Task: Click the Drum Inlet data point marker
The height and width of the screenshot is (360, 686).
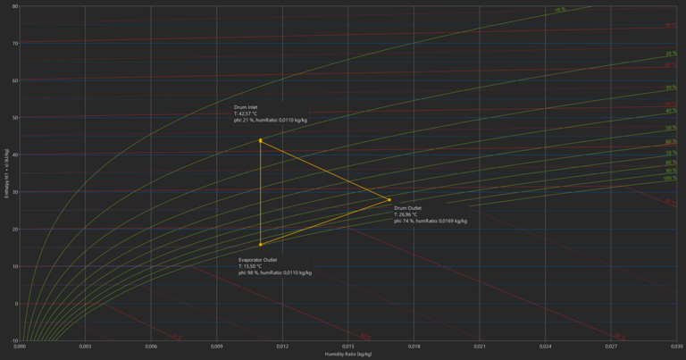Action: (x=261, y=140)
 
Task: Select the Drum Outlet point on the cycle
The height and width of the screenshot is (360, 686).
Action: (x=389, y=200)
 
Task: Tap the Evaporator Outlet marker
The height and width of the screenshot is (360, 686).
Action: (x=261, y=244)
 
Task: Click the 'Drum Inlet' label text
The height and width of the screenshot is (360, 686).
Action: (x=246, y=107)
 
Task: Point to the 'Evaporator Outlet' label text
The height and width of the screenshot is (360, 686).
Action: (x=258, y=259)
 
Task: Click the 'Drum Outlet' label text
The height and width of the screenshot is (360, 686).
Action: (x=407, y=207)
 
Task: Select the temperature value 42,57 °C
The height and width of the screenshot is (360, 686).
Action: (x=246, y=113)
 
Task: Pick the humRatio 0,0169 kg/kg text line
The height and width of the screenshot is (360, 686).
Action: (x=431, y=221)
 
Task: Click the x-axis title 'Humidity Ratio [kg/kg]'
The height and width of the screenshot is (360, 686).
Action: (x=348, y=355)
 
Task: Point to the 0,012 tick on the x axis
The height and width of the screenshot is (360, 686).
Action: (x=282, y=346)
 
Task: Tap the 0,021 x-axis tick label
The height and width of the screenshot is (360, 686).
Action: (x=480, y=346)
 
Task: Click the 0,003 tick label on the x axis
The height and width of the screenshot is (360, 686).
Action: (x=85, y=346)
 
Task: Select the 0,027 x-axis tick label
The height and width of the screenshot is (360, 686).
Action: (x=611, y=346)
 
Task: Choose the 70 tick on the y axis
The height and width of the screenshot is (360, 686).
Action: (x=15, y=43)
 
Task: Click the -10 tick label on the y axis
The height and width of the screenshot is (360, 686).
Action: (x=13, y=340)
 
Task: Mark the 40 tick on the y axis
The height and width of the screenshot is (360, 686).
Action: (x=15, y=155)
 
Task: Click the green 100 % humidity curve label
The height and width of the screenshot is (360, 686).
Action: (x=670, y=179)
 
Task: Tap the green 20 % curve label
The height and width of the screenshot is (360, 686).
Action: (x=671, y=54)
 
